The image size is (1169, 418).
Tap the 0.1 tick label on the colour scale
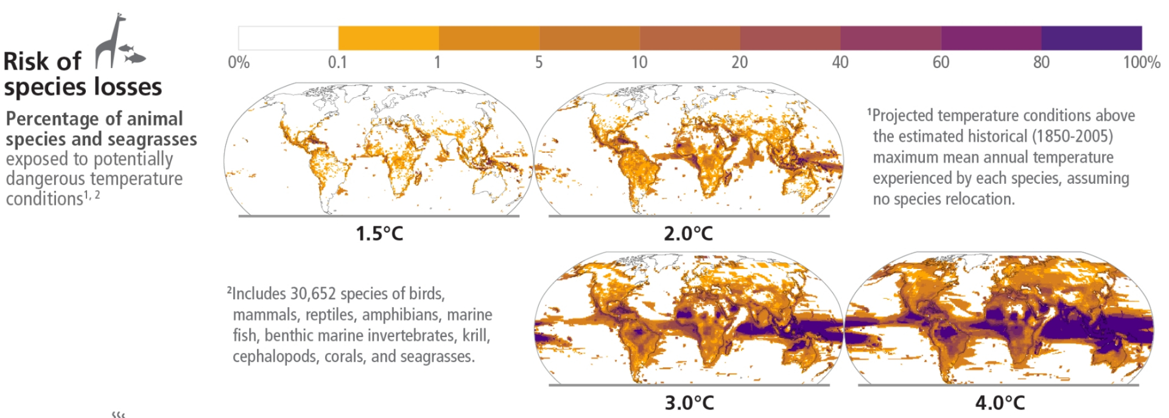click(x=337, y=62)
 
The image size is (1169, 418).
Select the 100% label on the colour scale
click(x=1141, y=62)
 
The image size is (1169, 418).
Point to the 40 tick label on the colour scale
click(x=840, y=62)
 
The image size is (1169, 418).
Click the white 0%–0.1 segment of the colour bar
click(x=288, y=38)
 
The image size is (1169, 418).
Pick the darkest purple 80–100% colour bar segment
click(x=1091, y=38)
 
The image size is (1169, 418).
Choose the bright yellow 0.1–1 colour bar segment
click(x=388, y=38)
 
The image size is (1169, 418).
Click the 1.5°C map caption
click(x=379, y=234)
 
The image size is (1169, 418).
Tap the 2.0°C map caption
click(x=688, y=234)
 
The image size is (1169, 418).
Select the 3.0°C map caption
click(x=689, y=403)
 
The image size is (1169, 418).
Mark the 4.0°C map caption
click(x=1000, y=403)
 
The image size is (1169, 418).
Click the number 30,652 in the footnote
click(x=313, y=294)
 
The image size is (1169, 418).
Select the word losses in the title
click(x=127, y=87)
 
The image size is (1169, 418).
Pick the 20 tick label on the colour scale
click(x=739, y=62)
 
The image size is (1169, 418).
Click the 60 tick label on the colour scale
click(x=941, y=62)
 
